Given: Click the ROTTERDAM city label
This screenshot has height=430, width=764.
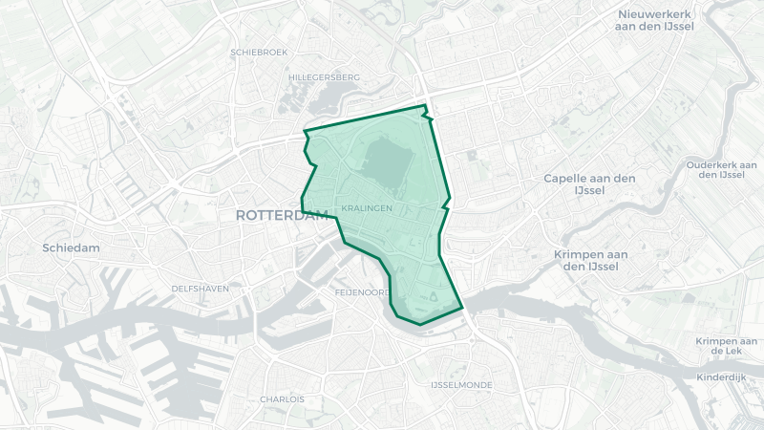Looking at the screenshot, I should coord(281,216).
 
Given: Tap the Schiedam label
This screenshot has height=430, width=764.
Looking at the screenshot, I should coord(71,247).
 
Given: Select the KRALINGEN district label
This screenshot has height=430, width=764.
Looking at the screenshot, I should coord(366,207).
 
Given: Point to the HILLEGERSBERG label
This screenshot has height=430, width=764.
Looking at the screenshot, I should coord(324,76).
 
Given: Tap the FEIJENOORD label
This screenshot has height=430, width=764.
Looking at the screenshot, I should coord(362,291).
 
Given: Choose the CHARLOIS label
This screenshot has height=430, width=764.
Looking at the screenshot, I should coord(282,398).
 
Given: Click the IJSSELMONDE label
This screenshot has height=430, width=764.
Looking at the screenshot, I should coord(460,384).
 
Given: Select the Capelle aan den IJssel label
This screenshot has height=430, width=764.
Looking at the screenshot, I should coord(588,184).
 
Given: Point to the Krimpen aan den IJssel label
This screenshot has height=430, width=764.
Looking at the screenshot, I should coord(590,260).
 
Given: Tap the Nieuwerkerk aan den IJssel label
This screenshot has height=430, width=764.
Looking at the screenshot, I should coord(655,20).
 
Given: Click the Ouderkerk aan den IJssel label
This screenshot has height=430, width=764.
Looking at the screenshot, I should coord(721,169).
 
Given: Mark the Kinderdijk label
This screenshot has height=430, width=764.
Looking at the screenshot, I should coord(721,377).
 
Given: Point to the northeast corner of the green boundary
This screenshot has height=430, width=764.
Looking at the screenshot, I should coord(425,105).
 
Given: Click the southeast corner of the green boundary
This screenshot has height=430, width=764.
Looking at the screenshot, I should coord(462,308).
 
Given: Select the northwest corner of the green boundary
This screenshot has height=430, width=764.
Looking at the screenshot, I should coord(305,131).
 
